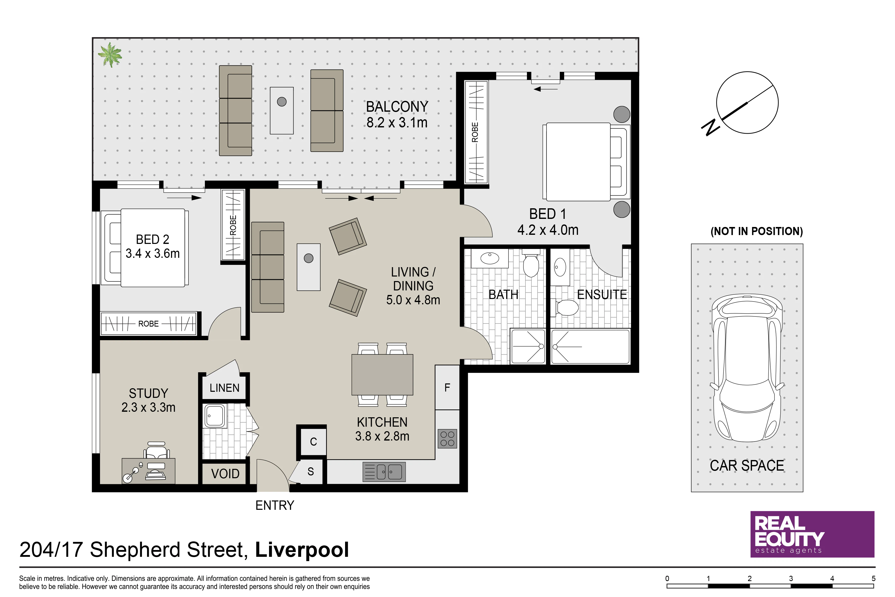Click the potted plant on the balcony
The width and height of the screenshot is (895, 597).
(x=110, y=54)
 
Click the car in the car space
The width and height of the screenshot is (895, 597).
(x=747, y=368)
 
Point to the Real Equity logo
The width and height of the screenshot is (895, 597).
(x=812, y=534)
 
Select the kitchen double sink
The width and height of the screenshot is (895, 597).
(x=384, y=472)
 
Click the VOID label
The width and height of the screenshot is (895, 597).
(x=225, y=474)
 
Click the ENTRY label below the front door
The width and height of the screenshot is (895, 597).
(x=275, y=505)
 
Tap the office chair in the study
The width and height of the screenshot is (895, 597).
(x=156, y=450)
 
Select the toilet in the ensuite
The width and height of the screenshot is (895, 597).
(x=567, y=307)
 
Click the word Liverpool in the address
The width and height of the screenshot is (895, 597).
(x=302, y=550)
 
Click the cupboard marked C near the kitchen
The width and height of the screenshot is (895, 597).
(x=313, y=442)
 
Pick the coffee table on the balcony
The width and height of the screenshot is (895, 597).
(x=282, y=110)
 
